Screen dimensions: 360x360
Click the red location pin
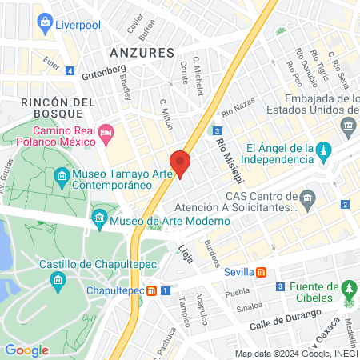[x=180, y=163]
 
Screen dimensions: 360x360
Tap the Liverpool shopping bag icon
[x=45, y=23]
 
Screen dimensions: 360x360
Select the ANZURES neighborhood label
[x=142, y=53]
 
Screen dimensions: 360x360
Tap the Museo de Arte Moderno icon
[x=100, y=217]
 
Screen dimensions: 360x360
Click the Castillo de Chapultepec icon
[x=57, y=279]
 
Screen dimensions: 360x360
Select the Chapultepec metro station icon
[x=151, y=290]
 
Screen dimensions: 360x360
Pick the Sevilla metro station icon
[x=262, y=271]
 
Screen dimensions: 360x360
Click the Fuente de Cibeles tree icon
[x=348, y=287]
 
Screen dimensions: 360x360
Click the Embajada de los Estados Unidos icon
[x=348, y=126]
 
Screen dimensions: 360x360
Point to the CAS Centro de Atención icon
[x=309, y=198]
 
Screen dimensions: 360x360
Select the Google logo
[x=26, y=350]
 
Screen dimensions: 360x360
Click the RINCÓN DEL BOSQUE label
[x=58, y=108]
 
